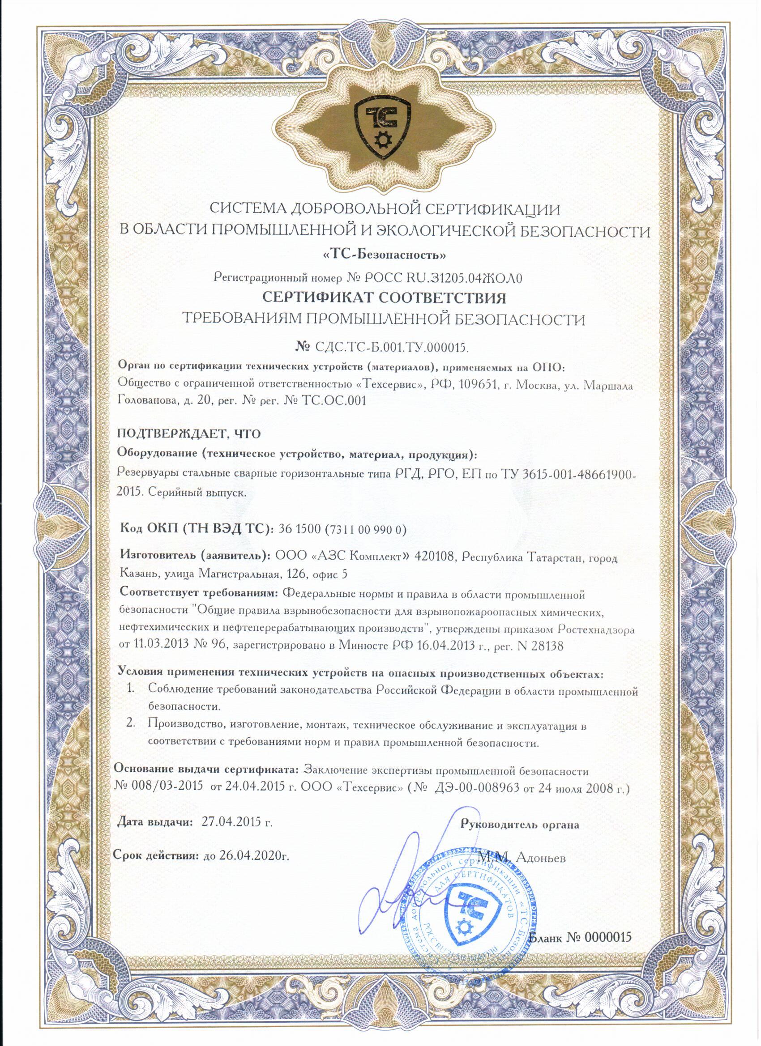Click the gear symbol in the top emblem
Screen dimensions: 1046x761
click(x=382, y=140)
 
